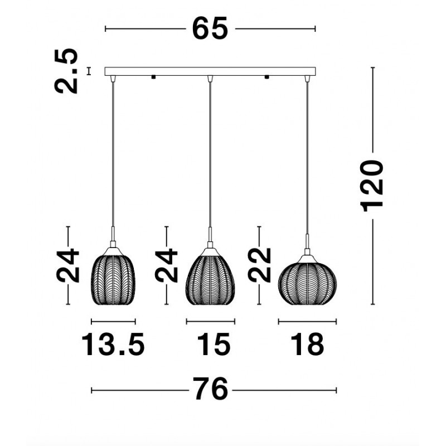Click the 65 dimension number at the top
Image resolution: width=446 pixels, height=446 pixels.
click(210, 28)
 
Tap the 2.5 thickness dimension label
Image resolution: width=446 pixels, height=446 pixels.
click(66, 71)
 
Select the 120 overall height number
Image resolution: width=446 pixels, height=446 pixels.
click(372, 186)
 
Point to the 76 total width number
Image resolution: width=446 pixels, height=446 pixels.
click(211, 389)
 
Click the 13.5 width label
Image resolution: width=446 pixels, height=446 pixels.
click(113, 344)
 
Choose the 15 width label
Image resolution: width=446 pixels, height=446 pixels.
click(214, 344)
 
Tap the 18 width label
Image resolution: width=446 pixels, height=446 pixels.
click(307, 344)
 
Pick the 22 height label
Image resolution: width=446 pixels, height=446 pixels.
click(259, 265)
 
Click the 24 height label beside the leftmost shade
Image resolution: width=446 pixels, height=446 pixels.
click(67, 266)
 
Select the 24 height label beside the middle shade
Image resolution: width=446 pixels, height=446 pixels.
click(166, 266)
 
